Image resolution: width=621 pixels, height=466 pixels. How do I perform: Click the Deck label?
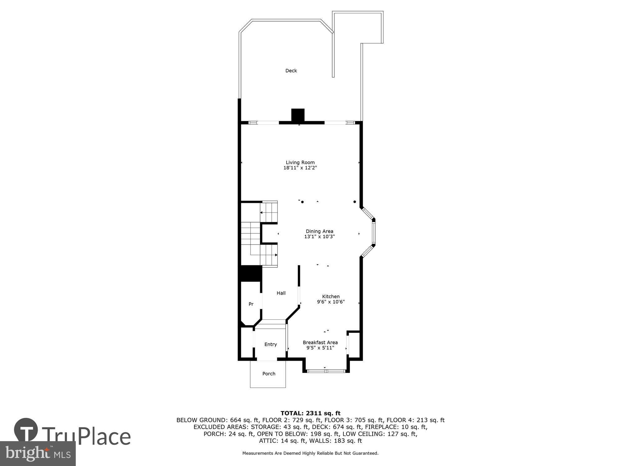tap(291, 71)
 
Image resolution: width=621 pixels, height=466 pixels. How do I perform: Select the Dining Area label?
tap(320, 231)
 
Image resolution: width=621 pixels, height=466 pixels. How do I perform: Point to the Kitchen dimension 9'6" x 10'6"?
tap(331, 302)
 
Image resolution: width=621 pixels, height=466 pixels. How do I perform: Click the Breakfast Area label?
tap(320, 342)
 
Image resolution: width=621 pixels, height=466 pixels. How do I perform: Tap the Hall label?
tap(281, 293)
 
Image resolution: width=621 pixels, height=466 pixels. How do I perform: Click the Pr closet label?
tap(251, 304)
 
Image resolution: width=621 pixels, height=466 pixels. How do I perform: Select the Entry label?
tap(270, 344)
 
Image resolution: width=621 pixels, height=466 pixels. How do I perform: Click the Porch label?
tap(269, 374)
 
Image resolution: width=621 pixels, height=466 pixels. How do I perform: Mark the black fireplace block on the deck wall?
tap(298, 115)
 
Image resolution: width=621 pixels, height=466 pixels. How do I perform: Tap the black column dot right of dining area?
tap(355, 202)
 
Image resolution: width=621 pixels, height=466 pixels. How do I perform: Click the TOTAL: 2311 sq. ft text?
tap(310, 413)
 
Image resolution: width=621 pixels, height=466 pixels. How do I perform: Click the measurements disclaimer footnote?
tap(310, 453)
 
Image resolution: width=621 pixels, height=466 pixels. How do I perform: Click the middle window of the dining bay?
tap(374, 233)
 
